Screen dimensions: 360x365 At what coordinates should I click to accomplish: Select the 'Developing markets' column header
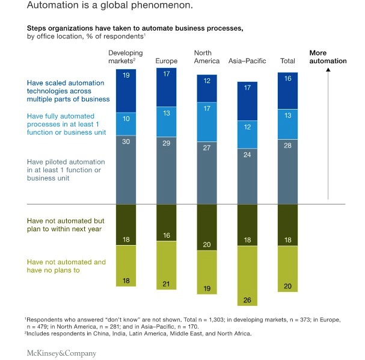pos(125,57)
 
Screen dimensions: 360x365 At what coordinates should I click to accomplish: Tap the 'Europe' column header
pos(166,61)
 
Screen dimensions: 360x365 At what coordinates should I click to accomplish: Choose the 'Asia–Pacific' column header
pos(247,61)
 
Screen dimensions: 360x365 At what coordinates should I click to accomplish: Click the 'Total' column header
pos(287,61)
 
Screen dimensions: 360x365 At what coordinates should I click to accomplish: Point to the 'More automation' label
pos(328,57)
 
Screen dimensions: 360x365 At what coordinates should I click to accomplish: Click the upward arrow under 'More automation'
pos(328,132)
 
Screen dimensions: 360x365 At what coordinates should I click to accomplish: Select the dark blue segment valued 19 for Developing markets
pos(126,90)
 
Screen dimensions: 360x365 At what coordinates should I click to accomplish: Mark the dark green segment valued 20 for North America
pos(207,227)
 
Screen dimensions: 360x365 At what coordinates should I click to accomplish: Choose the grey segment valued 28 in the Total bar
pos(287,172)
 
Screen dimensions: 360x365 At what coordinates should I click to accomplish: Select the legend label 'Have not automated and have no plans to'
pos(66,266)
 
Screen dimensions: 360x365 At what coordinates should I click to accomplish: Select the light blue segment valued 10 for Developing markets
pos(126,123)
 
